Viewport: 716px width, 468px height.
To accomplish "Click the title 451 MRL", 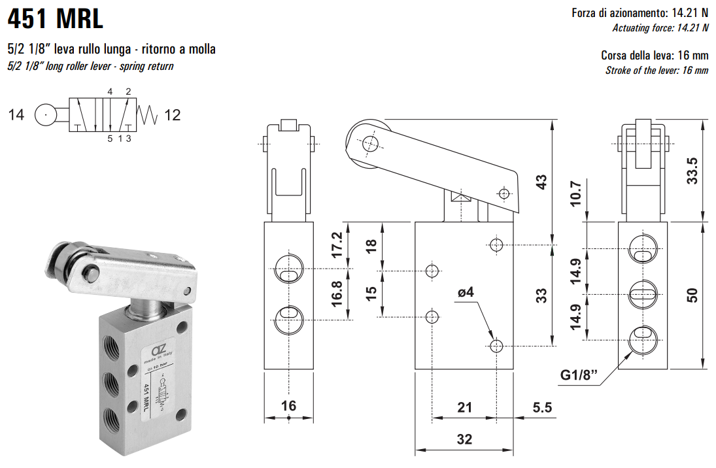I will point(56,19).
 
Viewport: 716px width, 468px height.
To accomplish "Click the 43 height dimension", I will point(540,182).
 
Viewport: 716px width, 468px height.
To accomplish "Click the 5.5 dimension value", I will point(542,408).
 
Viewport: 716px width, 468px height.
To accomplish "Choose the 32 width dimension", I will point(464,439).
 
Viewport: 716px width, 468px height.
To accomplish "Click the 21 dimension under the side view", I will point(464,408).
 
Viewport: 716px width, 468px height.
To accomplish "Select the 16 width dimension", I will point(288,406).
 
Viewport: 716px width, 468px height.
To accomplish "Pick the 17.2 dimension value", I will point(337,245).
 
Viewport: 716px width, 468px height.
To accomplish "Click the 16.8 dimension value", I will point(337,294).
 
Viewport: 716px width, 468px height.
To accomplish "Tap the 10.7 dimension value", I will point(575,193).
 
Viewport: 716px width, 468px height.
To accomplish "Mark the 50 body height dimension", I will point(692,295).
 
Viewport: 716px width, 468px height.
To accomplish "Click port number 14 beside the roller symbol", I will point(16,116).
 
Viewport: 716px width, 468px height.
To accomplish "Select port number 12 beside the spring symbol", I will point(173,116).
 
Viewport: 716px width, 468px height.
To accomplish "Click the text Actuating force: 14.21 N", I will point(660,27).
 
